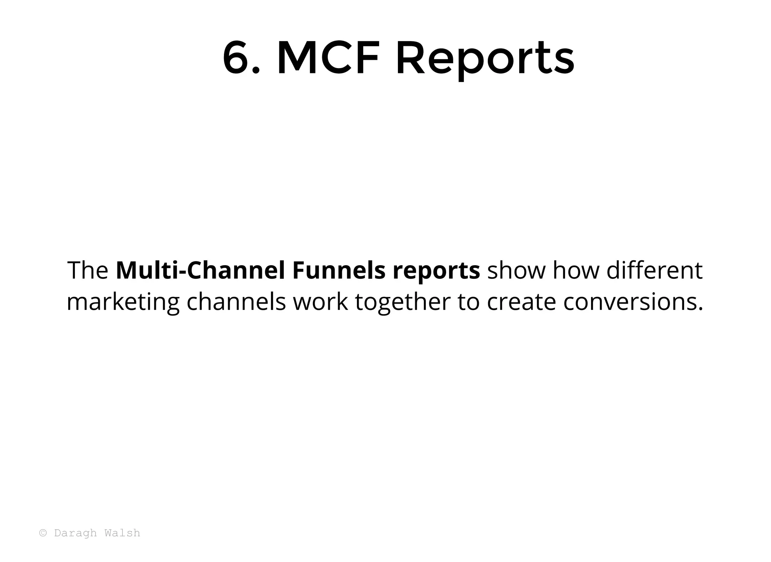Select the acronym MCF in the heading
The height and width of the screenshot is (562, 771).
click(x=328, y=58)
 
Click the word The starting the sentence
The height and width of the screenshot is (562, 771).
click(x=87, y=270)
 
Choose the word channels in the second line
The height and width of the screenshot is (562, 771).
click(x=236, y=302)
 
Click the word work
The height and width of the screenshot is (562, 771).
click(x=320, y=302)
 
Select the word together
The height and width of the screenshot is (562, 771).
click(x=402, y=302)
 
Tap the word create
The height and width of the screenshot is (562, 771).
click(x=521, y=302)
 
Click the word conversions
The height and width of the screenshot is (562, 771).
click(x=632, y=302)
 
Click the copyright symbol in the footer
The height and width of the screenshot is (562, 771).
click(x=43, y=533)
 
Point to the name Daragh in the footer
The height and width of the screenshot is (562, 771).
click(x=75, y=533)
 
